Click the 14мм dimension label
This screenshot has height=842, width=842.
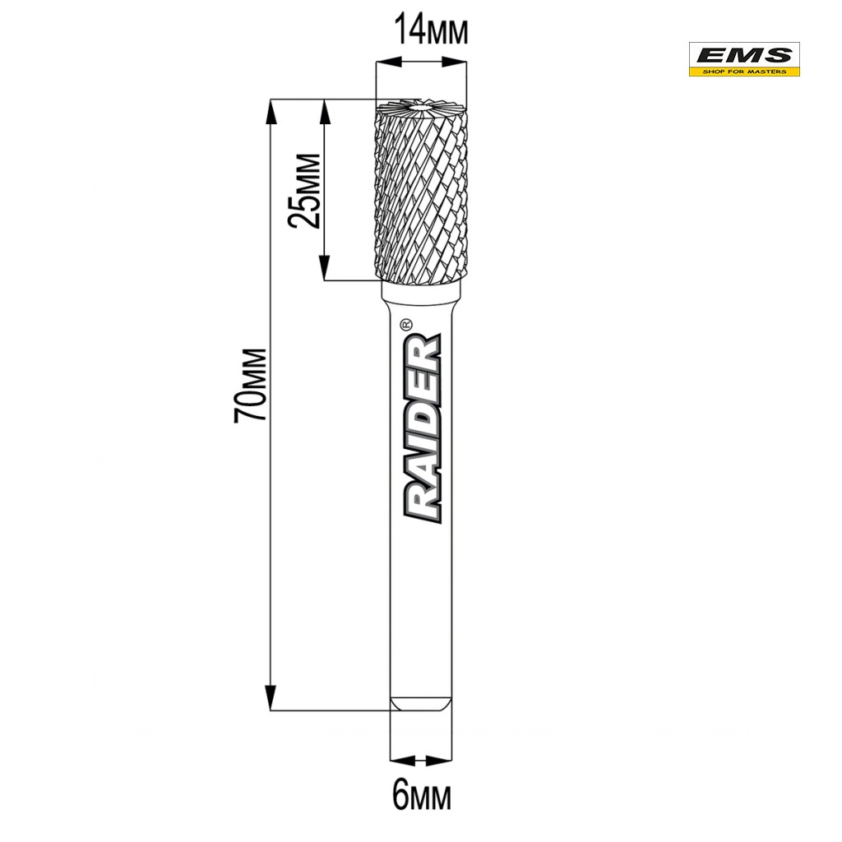coord(431,31)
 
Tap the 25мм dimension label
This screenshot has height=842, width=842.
coord(304,191)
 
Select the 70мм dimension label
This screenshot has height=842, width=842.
coord(250,385)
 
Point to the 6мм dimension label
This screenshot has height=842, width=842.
coord(422,796)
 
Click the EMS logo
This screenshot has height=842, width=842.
coord(744,59)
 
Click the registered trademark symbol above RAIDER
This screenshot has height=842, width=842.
coord(406,324)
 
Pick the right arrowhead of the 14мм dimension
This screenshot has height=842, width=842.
coord(454,62)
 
